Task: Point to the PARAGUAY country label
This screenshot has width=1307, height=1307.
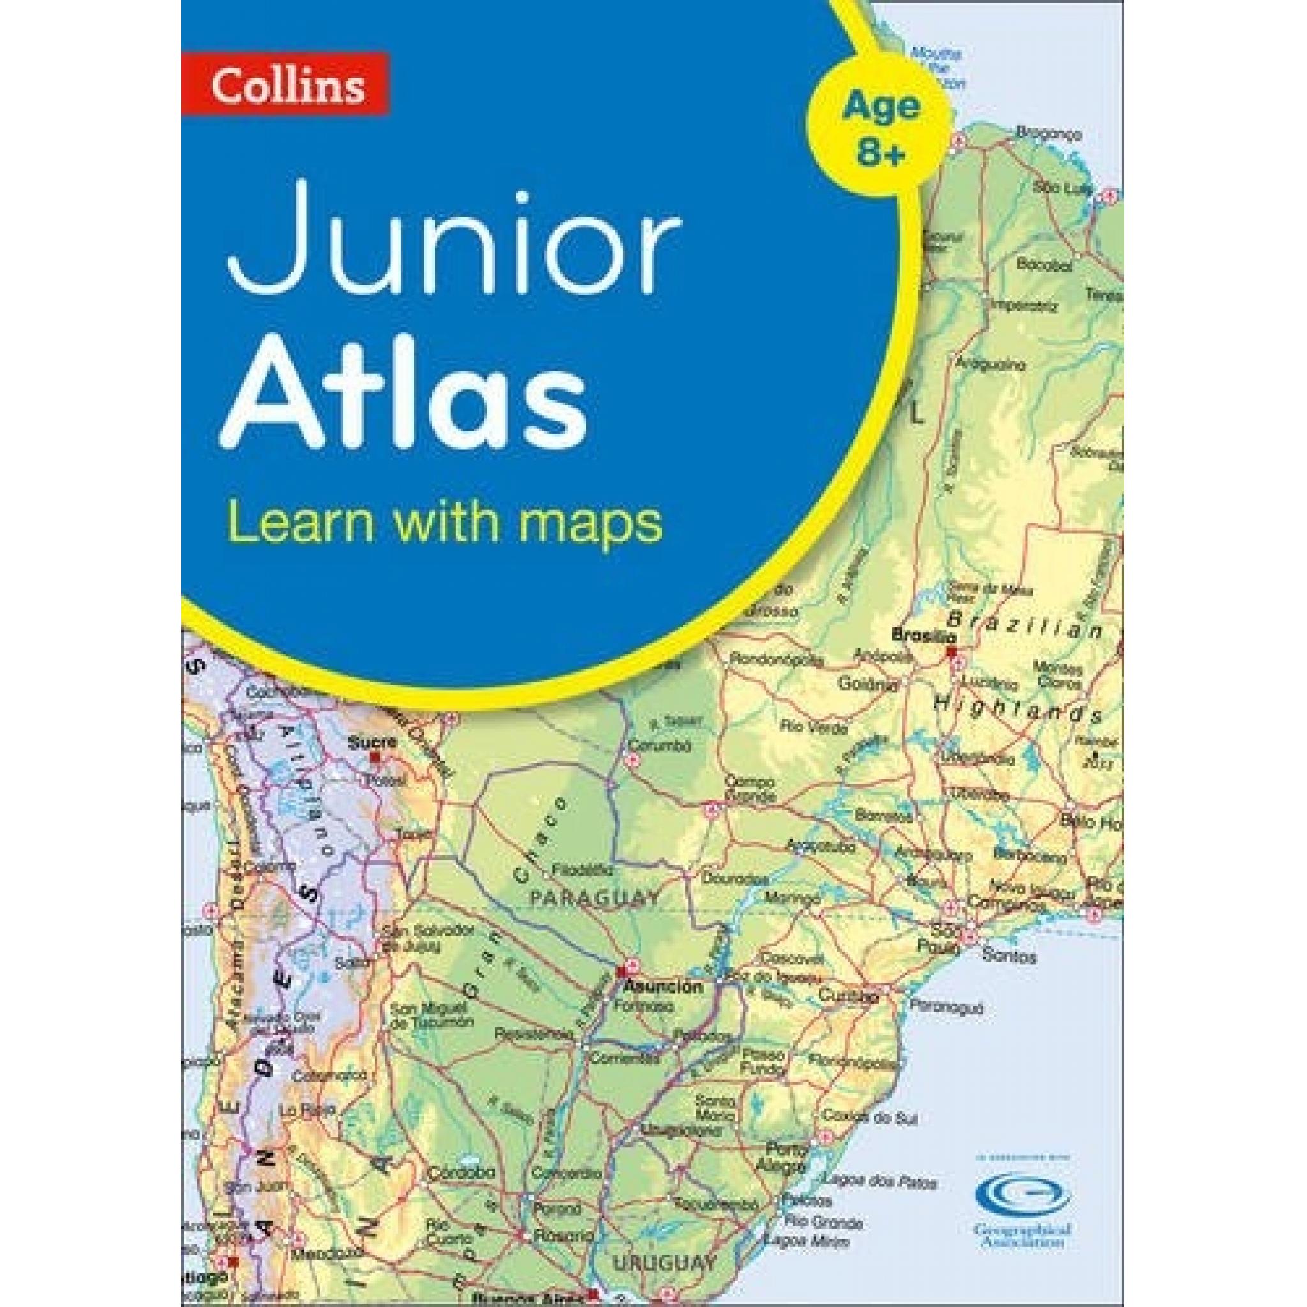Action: click(x=594, y=899)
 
